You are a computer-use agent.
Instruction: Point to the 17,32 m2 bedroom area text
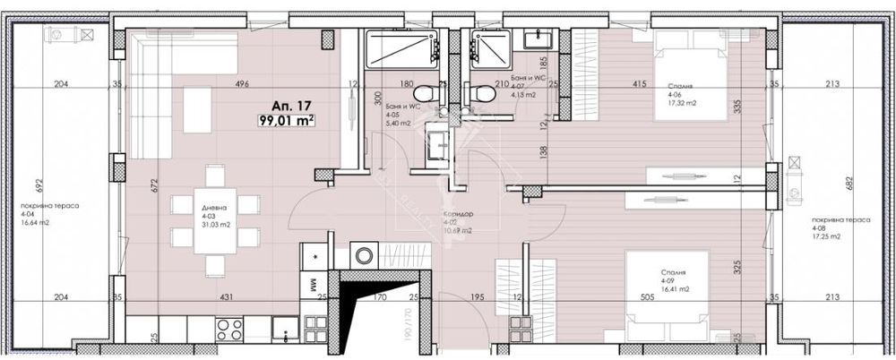click(683, 104)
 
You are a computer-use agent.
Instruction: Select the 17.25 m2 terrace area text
click(826, 237)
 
